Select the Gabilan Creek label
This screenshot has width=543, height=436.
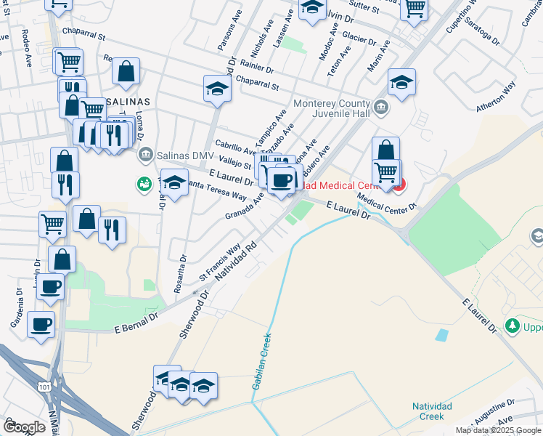click(x=261, y=361)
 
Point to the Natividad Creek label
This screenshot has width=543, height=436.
click(x=432, y=411)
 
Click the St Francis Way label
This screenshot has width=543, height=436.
click(x=219, y=263)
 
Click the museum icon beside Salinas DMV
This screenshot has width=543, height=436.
click(x=145, y=154)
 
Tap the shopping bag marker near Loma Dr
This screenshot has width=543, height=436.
click(x=126, y=71)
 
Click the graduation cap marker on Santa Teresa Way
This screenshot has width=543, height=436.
click(x=174, y=182)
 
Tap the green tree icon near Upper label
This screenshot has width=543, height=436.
click(x=513, y=324)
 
